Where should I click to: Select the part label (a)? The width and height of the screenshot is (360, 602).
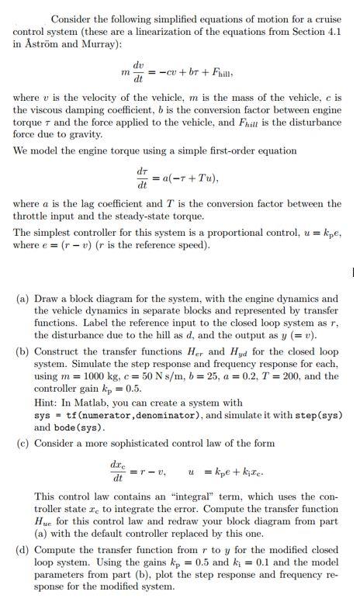[23, 298]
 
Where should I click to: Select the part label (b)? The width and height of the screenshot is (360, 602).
[23, 351]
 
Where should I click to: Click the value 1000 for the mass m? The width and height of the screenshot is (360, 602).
[92, 376]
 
